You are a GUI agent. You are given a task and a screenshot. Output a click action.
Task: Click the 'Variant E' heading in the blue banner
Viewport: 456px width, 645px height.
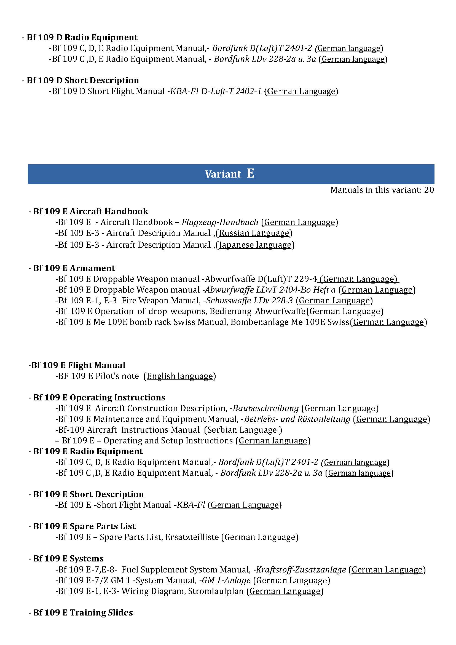229,174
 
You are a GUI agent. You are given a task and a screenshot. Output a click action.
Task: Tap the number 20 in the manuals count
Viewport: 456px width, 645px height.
429,190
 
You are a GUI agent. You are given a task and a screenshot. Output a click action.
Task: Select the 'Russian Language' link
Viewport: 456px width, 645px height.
254,233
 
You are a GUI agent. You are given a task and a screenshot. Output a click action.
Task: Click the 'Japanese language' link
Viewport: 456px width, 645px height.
255,245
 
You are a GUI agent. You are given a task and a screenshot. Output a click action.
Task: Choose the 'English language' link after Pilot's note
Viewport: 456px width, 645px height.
180,376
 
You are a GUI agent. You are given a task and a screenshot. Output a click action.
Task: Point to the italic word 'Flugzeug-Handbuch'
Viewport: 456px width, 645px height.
220,222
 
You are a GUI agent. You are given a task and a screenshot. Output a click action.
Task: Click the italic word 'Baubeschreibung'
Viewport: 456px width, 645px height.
265,408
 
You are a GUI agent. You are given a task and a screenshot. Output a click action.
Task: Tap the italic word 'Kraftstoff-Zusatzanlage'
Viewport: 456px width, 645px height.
301,569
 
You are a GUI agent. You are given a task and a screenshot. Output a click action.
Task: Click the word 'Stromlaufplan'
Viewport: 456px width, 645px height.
216,591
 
